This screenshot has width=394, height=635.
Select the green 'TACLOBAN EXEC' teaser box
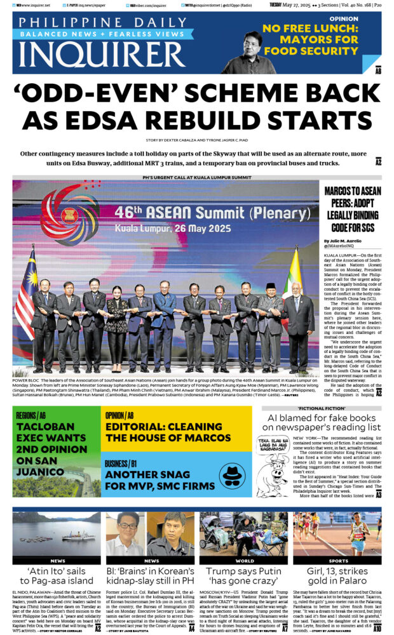[56, 451]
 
